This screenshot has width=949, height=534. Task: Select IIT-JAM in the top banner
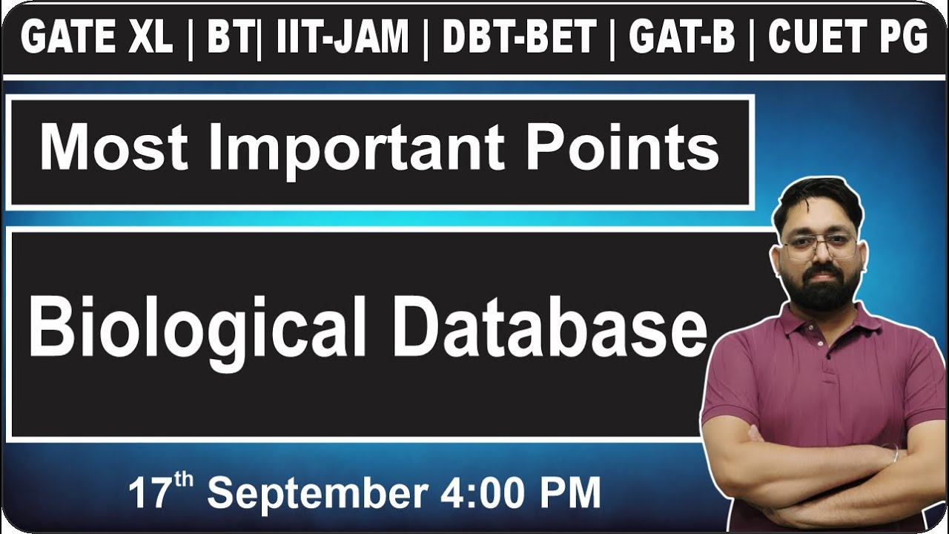343,37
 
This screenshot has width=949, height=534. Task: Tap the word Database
549,326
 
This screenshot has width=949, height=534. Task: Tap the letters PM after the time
570,493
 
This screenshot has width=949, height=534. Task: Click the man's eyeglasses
820,245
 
